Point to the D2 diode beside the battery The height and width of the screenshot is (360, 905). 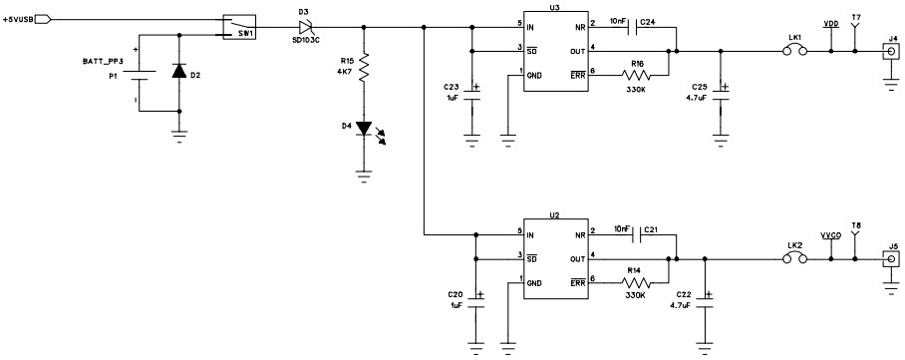[x=179, y=73]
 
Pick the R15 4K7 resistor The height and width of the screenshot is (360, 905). [x=366, y=70]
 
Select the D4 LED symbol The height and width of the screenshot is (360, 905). [x=366, y=128]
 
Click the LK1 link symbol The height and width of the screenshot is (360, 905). [x=794, y=50]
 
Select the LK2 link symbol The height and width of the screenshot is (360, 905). [x=794, y=259]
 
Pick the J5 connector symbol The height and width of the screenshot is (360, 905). [x=890, y=259]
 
